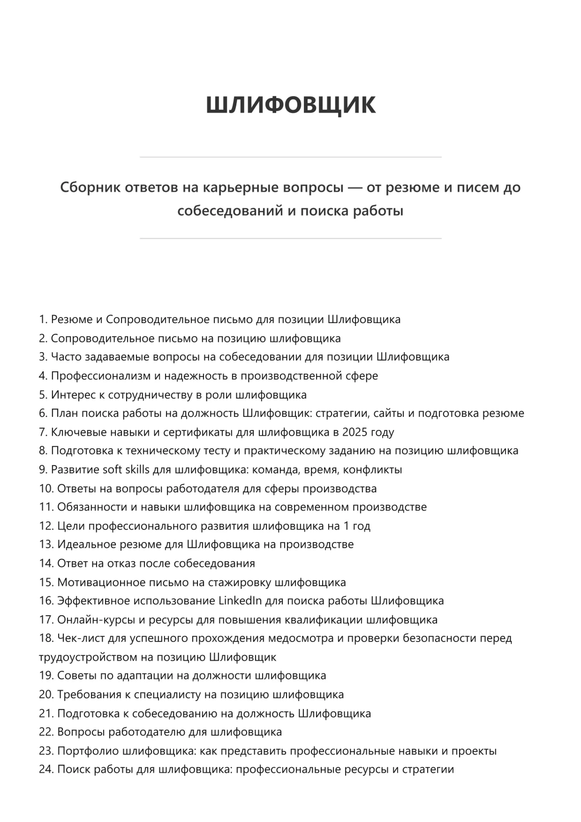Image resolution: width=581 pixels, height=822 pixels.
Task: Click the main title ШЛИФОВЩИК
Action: click(290, 105)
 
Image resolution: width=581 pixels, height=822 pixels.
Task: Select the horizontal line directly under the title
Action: click(290, 157)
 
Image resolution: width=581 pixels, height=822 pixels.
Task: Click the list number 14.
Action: click(46, 563)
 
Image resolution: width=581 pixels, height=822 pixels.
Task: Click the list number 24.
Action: click(46, 769)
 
